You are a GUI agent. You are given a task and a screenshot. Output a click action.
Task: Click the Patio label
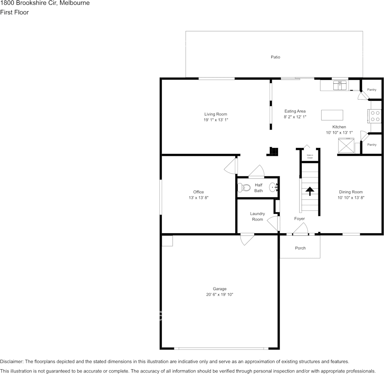click(275, 57)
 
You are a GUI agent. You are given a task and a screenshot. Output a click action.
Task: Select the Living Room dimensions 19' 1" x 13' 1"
click(216, 120)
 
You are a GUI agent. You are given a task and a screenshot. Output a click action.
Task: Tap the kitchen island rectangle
click(332, 115)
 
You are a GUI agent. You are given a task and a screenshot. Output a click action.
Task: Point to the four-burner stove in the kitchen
click(375, 116)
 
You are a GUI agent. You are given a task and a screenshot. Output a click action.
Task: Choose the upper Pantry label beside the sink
click(371, 90)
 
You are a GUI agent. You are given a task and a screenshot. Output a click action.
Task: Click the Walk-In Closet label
click(310, 156)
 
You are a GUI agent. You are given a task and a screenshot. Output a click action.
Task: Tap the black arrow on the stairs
click(310, 191)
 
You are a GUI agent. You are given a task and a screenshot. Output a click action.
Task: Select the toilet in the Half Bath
click(244, 188)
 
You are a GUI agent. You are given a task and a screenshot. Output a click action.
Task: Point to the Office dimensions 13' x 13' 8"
click(199, 197)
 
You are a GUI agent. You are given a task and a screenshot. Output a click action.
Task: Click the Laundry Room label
click(257, 216)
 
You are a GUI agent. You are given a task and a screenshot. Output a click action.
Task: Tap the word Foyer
click(299, 219)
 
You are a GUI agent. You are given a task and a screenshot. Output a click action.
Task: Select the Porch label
click(300, 248)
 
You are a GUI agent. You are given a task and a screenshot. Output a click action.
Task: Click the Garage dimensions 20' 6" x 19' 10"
click(220, 295)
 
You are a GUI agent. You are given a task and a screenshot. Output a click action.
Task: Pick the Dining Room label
click(351, 192)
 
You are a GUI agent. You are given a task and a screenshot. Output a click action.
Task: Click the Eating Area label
click(295, 111)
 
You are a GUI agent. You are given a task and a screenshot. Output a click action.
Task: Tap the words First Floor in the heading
click(14, 12)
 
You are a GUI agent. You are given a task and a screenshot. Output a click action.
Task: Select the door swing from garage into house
click(247, 240)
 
